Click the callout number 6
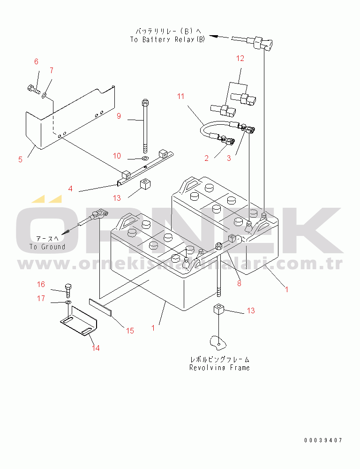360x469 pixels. pyautogui.click(x=36, y=62)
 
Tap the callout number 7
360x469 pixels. pyautogui.click(x=52, y=70)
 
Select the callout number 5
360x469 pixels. pyautogui.click(x=20, y=159)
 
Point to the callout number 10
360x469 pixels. pyautogui.click(x=117, y=155)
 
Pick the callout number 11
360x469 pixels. pyautogui.click(x=181, y=97)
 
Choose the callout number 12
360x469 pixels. pyautogui.click(x=240, y=59)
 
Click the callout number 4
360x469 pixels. pyautogui.click(x=70, y=189)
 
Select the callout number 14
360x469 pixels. pyautogui.click(x=96, y=348)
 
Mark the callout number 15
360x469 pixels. pyautogui.click(x=130, y=331)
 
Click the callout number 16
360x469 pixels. pyautogui.click(x=41, y=284)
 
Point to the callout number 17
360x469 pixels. pyautogui.click(x=41, y=298)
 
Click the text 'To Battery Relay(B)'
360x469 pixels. pyautogui.click(x=167, y=40)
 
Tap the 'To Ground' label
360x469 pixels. pyautogui.click(x=47, y=247)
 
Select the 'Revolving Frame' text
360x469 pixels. pyautogui.click(x=219, y=368)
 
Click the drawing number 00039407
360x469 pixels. pyautogui.click(x=322, y=440)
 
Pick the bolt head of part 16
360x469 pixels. pyautogui.click(x=68, y=287)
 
